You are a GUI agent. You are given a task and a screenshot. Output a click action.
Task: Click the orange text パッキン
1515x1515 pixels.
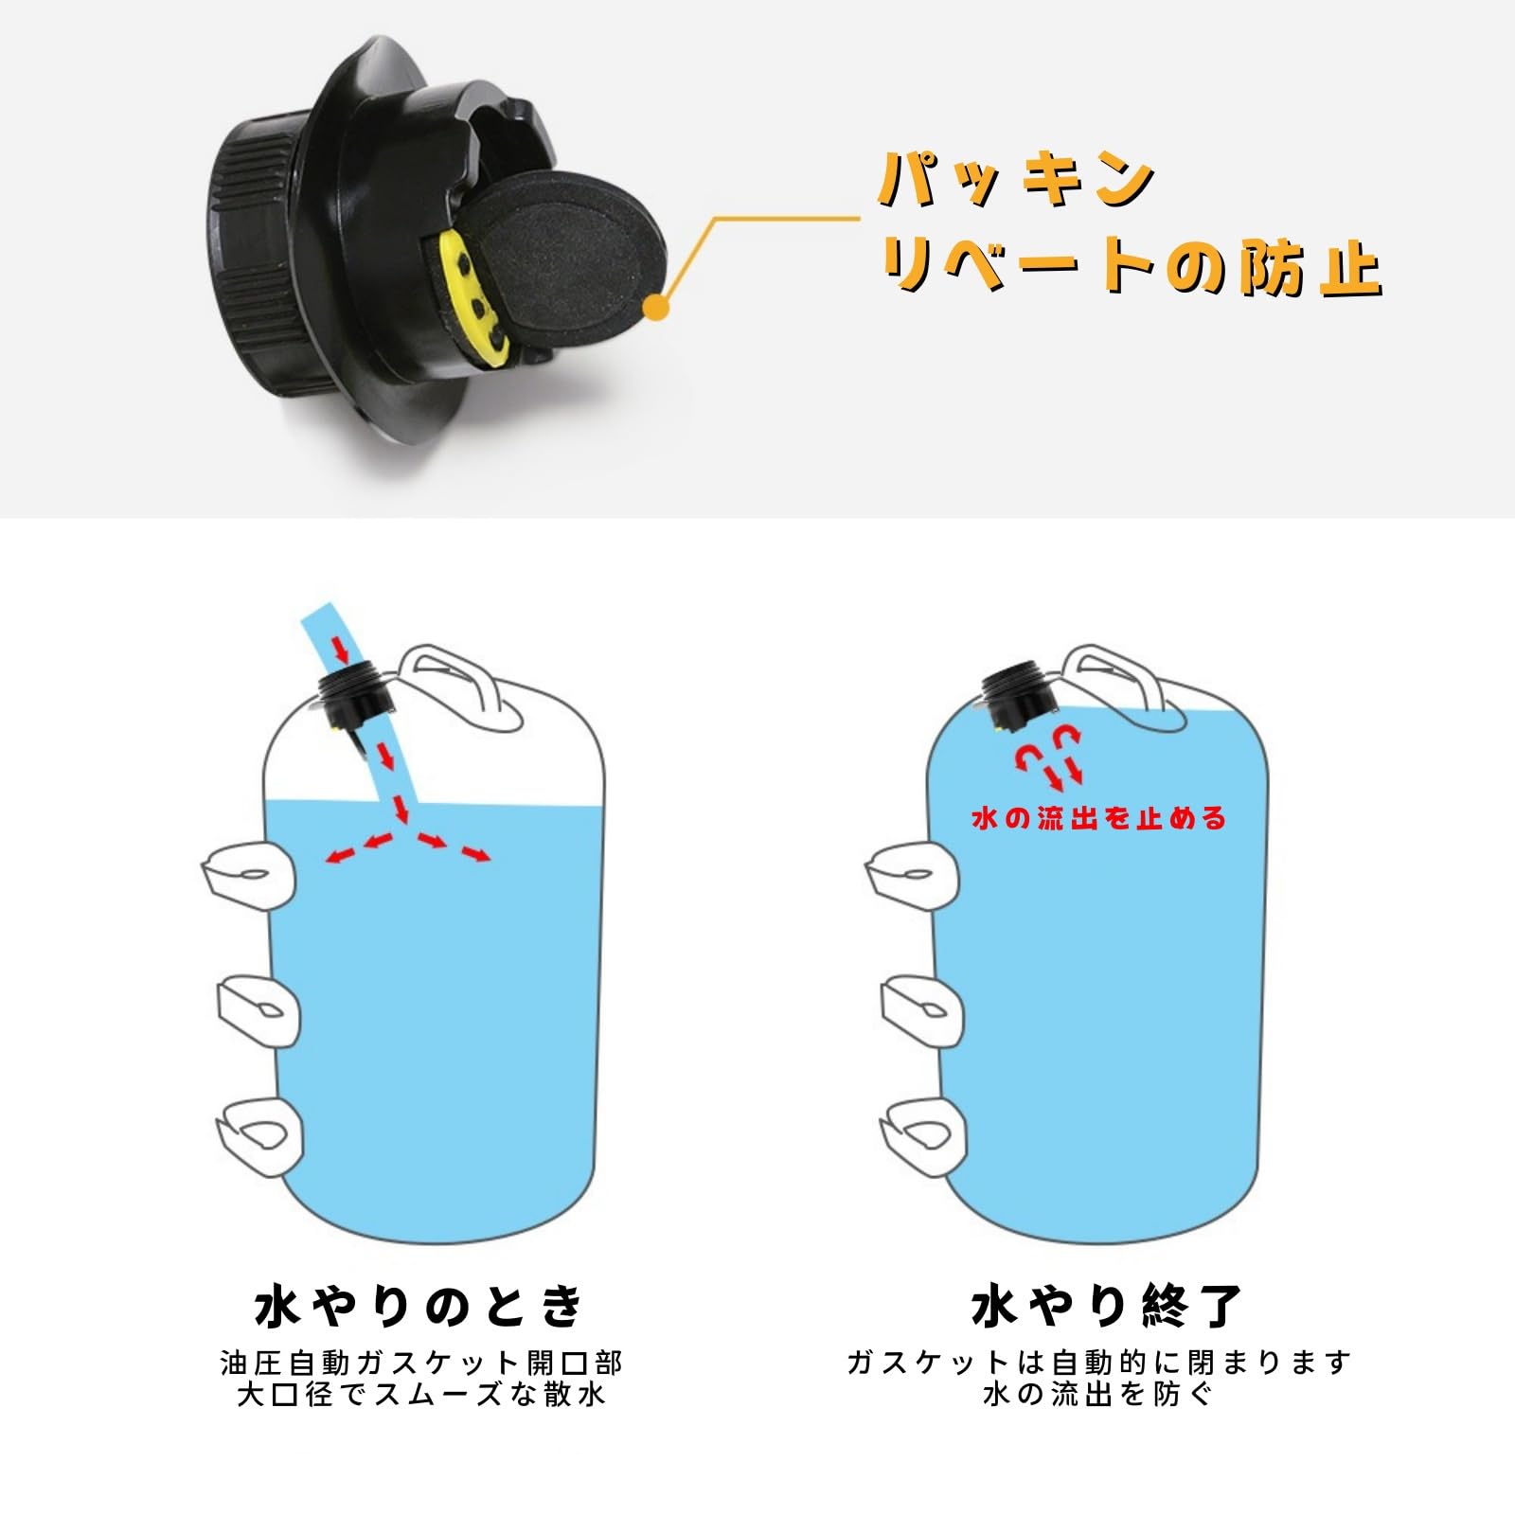coord(1018,179)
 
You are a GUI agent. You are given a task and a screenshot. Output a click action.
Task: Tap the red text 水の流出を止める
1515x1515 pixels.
coord(1099,818)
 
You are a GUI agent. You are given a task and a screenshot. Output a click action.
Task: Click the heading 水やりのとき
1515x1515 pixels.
coord(420,1307)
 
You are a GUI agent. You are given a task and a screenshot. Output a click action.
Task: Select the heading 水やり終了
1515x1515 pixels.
coord(1105,1307)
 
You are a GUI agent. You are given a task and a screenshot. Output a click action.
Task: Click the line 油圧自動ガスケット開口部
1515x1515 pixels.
coord(421,1363)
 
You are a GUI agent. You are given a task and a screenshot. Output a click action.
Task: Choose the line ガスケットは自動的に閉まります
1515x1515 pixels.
coord(1098,1363)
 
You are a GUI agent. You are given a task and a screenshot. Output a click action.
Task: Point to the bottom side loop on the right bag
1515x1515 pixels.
coord(922,1132)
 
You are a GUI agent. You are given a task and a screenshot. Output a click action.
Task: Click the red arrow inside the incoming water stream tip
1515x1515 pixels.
coord(341,650)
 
